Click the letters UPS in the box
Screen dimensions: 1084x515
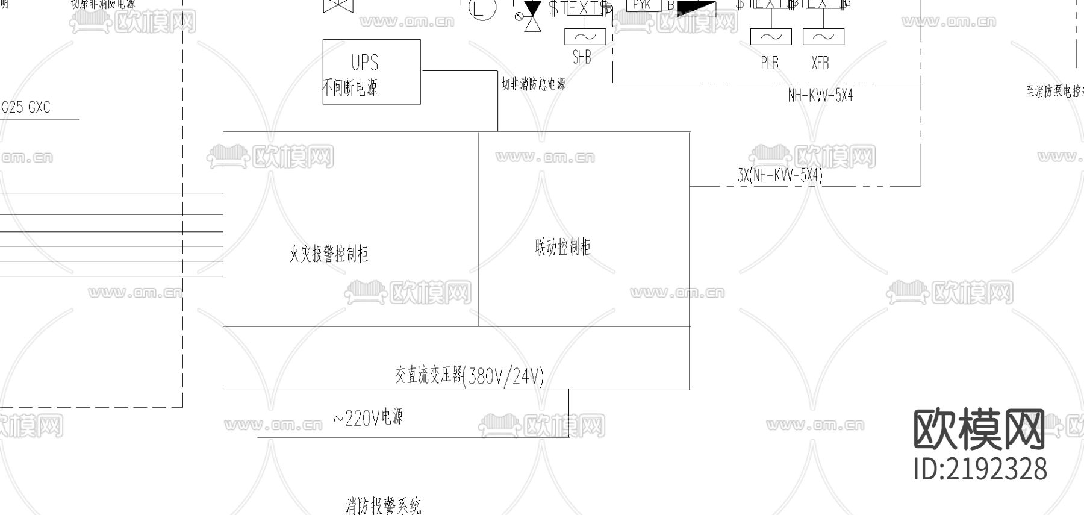click(364, 63)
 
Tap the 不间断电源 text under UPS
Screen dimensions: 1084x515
click(350, 88)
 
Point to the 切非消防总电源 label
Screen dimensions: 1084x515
click(534, 84)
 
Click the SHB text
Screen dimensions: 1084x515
click(582, 57)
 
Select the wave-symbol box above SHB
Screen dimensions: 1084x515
click(585, 36)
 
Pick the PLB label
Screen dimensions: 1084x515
click(770, 63)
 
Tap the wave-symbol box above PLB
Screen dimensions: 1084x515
click(771, 36)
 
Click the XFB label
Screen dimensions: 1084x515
click(820, 63)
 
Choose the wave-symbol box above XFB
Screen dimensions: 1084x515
click(823, 36)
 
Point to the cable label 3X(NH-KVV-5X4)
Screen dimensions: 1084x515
click(780, 175)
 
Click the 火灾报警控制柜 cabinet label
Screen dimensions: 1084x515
click(328, 254)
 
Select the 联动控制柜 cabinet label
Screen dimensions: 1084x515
click(563, 247)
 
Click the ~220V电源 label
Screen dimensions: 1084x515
click(368, 417)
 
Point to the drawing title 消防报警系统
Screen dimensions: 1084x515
click(383, 505)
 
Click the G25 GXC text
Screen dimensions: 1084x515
click(26, 108)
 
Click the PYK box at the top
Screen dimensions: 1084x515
click(643, 5)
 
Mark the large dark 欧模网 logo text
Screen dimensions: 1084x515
click(979, 429)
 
